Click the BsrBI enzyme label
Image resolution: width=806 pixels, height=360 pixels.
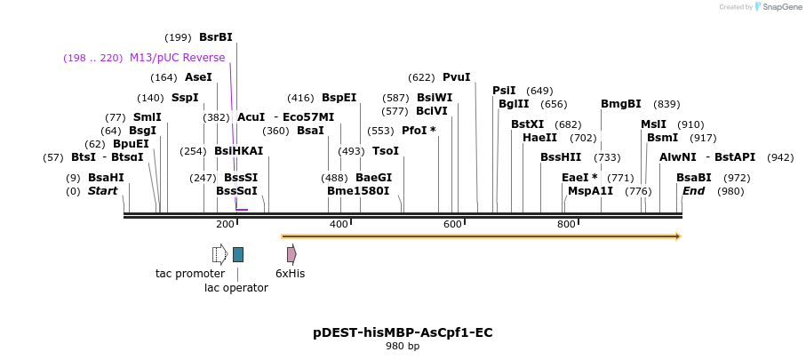pos(216,37)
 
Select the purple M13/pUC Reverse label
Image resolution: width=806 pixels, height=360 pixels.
pos(178,58)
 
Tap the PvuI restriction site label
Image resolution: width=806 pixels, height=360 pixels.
pos(456,77)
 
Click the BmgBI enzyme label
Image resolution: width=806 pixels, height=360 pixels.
pos(620,104)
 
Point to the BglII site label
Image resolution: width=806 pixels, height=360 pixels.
pos(514,104)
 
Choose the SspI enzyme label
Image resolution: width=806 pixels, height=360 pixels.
pos(185,98)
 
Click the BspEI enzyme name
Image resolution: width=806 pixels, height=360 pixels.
pos(339,98)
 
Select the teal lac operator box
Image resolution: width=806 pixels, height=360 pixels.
pos(238,255)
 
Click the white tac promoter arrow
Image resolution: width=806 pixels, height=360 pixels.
pos(219,255)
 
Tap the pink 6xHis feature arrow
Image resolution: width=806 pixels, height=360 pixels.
pos(291,255)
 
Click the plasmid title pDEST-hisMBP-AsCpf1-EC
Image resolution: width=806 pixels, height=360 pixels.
pos(403,332)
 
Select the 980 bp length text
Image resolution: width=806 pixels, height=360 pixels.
pos(403,347)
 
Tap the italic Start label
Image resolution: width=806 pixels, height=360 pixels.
pos(102,191)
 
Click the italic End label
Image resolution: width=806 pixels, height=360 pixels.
pos(693,191)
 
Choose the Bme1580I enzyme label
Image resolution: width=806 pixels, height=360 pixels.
pos(358,191)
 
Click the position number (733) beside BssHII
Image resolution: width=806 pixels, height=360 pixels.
pos(607,157)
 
